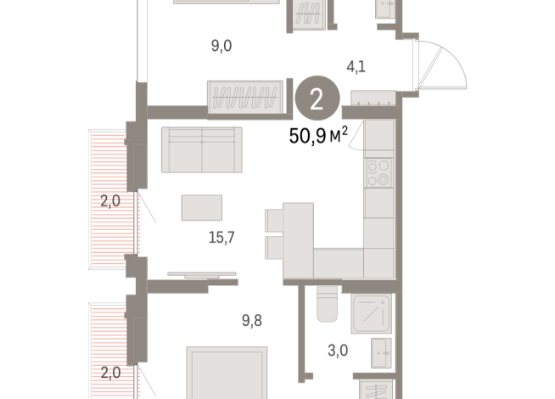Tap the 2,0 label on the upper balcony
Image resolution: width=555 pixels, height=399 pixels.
click(x=109, y=201)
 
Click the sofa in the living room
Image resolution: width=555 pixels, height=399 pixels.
click(x=201, y=149)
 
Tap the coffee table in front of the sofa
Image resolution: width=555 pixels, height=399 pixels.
click(x=202, y=207)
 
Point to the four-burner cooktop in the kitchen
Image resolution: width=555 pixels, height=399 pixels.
click(x=378, y=173)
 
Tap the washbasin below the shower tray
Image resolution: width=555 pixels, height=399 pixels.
click(x=379, y=351)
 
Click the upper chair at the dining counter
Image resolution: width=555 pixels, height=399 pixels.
click(x=274, y=220)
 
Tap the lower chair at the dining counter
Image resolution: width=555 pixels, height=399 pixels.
click(x=274, y=249)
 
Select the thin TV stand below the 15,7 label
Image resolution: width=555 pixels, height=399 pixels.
click(x=201, y=274)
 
